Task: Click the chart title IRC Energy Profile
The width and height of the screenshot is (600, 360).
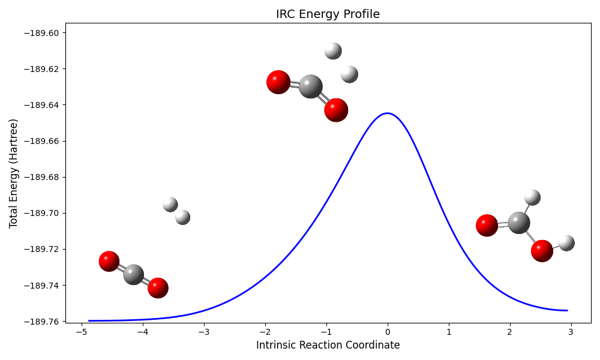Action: coord(328,14)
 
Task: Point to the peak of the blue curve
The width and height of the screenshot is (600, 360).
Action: coord(388,113)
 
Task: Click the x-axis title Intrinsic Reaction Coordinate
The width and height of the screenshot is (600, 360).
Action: coord(328,345)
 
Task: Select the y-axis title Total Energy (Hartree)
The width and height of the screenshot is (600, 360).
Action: coord(13,173)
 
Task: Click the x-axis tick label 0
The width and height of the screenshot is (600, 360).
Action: coord(388,331)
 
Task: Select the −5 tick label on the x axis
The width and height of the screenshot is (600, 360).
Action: coord(79,331)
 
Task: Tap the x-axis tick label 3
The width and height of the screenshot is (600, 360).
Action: coord(571,331)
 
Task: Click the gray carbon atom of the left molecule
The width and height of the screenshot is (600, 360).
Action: coord(133,274)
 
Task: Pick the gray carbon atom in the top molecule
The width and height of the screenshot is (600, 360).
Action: coord(310,86)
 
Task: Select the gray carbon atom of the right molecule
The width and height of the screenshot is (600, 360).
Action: coord(518,223)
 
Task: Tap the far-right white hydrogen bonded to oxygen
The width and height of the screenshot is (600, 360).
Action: coord(566,242)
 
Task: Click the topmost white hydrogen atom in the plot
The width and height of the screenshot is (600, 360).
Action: coord(333,51)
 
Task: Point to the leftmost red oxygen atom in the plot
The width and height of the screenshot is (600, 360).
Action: coord(109,261)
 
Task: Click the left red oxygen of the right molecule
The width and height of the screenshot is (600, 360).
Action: coord(487,225)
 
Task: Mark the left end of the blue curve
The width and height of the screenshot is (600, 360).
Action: coord(89,321)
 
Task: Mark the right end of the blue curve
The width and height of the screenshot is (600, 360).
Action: coord(567,310)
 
